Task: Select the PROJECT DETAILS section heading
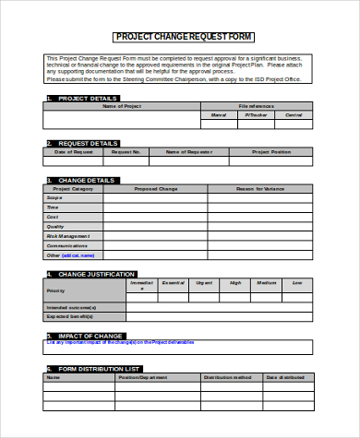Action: pyautogui.click(x=88, y=98)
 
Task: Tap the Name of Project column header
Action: pyautogui.click(x=121, y=107)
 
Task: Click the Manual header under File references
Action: pyautogui.click(x=219, y=115)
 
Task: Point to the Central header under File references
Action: pyautogui.click(x=293, y=115)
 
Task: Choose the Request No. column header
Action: pyautogui.click(x=125, y=151)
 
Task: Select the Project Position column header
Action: pyautogui.click(x=271, y=151)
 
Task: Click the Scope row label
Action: pyautogui.click(x=55, y=198)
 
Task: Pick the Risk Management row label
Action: pyautogui.click(x=68, y=236)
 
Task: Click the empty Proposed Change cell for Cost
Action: pyautogui.click(x=154, y=217)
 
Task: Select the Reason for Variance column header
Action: pyautogui.click(x=261, y=188)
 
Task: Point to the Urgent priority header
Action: pyautogui.click(x=203, y=283)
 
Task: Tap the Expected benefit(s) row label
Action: pyautogui.click(x=73, y=315)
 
